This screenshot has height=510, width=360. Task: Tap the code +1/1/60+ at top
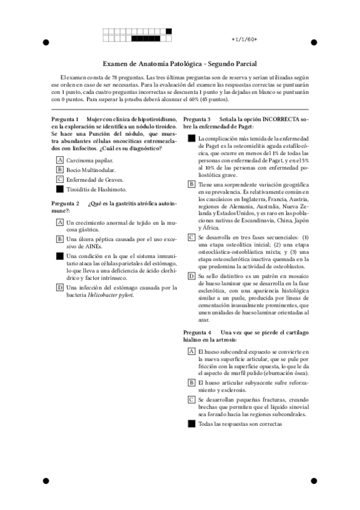244,39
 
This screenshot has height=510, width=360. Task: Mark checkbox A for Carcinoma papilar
59,161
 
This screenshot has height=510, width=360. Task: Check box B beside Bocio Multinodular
59,170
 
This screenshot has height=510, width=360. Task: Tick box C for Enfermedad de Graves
59,179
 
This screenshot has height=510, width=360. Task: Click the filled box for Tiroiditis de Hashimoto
59,189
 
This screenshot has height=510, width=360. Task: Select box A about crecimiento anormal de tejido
59,223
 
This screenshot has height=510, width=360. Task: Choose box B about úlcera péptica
59,239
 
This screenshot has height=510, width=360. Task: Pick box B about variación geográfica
191,184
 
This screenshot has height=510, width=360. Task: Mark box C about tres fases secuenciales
191,238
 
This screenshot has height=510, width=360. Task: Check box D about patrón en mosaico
191,276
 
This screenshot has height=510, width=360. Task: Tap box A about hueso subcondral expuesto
191,351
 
